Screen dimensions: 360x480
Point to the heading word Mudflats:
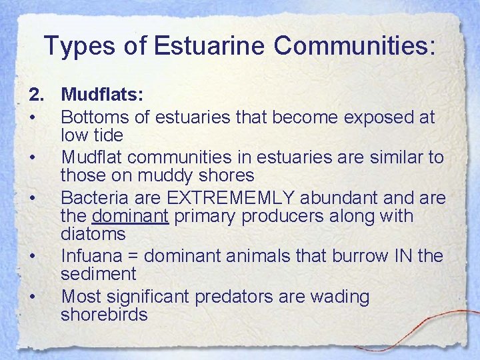[102, 95]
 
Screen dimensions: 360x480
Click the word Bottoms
[94, 117]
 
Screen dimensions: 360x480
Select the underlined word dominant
[131, 216]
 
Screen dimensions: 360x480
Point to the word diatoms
[93, 234]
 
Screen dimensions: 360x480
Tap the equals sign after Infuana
[135, 256]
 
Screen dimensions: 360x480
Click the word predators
[233, 296]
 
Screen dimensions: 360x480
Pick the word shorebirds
[103, 314]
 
